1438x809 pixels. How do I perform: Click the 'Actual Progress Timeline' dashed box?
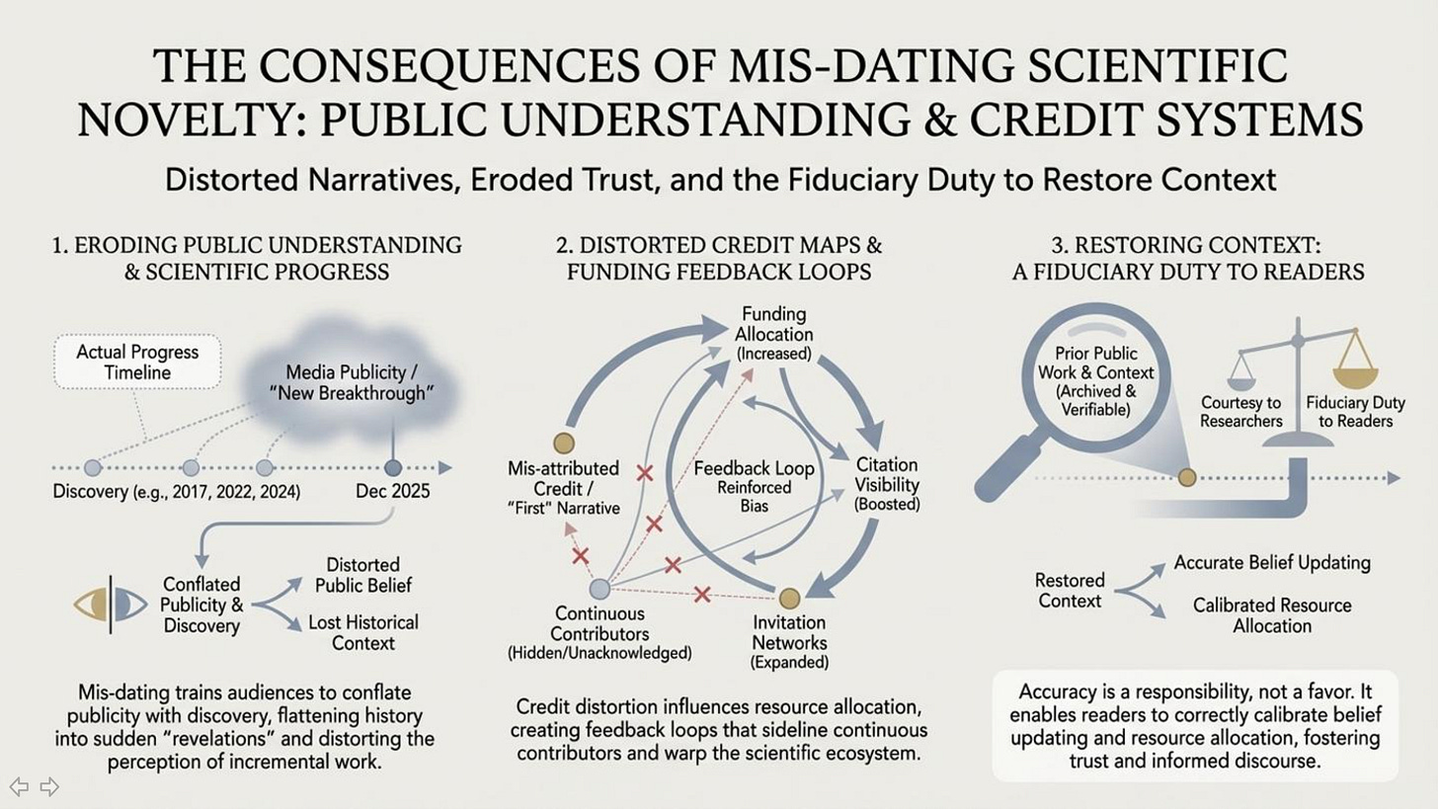coord(137,362)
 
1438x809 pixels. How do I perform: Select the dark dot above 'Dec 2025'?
coord(393,468)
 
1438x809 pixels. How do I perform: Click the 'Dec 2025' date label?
coord(392,491)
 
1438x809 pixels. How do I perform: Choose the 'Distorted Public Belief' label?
coord(362,575)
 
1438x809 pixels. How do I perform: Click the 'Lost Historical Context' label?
coord(362,632)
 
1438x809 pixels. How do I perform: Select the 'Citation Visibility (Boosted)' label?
coord(887,483)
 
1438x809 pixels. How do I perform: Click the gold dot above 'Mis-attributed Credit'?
coord(564,443)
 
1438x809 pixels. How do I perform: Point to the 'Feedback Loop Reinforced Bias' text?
coord(754,486)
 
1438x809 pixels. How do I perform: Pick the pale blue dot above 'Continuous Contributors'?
coord(599,589)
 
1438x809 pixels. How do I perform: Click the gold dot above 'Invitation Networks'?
coord(789,598)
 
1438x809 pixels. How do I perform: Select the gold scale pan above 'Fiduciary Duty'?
coord(1355,376)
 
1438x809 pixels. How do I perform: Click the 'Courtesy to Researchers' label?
coord(1240,412)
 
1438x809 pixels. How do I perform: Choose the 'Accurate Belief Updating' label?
coord(1271,563)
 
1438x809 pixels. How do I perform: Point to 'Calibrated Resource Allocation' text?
coord(1272,614)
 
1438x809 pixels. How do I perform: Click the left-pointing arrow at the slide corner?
coord(19,786)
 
